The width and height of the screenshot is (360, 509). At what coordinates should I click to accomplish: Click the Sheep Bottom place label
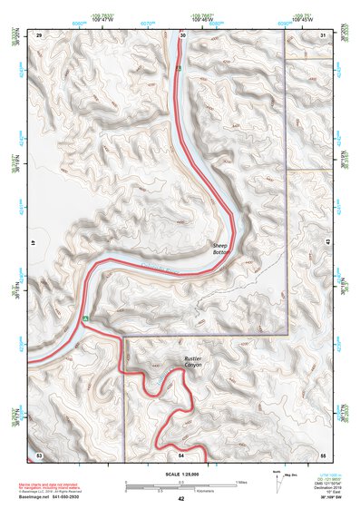221,249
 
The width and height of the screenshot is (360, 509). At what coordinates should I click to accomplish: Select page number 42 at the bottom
180,499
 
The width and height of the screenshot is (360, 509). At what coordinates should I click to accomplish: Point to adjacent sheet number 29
38,34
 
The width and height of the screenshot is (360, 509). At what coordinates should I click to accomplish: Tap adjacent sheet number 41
34,243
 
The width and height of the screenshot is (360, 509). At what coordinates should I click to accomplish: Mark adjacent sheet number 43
326,243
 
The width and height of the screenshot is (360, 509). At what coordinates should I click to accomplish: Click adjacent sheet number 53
38,453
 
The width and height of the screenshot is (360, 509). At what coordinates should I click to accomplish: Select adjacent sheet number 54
180,453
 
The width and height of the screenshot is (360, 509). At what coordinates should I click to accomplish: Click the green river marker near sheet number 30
180,68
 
